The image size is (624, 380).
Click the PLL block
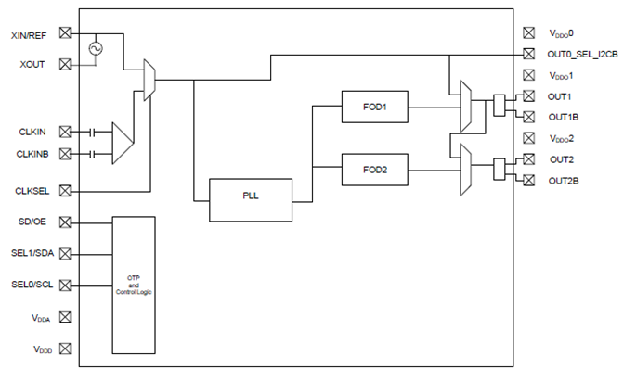pos(251,200)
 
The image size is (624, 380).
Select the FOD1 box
pos(375,107)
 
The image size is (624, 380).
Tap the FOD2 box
pos(375,170)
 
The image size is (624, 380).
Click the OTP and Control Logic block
pos(134,285)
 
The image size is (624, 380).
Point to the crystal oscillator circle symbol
pos(96,48)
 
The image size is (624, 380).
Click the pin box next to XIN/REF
pos(65,32)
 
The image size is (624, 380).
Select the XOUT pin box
pos(65,64)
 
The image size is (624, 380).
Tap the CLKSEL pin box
pos(65,191)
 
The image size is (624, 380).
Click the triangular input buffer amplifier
pos(123,143)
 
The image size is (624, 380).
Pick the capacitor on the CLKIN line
pos(92,132)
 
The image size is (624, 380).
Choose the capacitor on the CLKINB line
pos(92,154)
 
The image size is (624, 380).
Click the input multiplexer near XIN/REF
pos(149,81)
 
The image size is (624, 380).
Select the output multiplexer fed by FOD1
pos(465,107)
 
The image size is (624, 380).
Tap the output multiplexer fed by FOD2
pos(465,170)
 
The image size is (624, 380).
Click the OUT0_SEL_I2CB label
pos(582,54)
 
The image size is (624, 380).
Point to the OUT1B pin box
pos(529,117)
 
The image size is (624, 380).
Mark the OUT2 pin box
pos(529,159)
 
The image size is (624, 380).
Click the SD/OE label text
pos(32,222)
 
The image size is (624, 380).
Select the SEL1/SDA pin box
pos(65,253)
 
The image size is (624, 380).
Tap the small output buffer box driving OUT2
pos(500,170)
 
